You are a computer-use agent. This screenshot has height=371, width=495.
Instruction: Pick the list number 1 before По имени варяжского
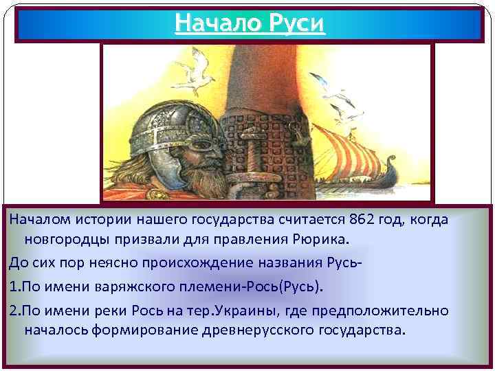click(12, 285)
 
